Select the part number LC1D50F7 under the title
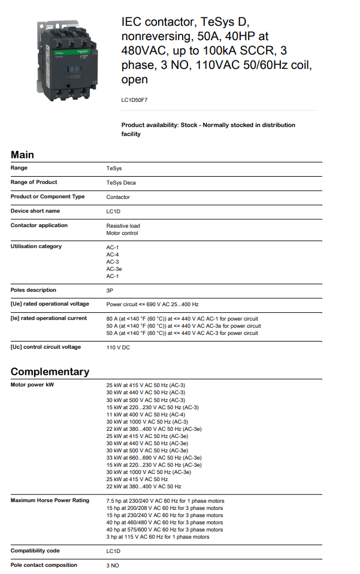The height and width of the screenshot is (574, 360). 134,101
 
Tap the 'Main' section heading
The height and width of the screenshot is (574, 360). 22,155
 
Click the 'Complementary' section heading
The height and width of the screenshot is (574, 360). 50,371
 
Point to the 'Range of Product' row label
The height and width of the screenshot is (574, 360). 34,182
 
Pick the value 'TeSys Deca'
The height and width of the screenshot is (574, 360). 122,183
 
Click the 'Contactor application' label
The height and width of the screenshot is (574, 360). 39,225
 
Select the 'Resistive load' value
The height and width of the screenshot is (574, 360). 123,226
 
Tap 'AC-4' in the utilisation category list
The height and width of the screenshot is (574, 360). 113,255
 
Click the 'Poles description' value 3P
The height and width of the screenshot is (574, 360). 110,291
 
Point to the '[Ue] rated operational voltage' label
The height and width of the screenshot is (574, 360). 50,304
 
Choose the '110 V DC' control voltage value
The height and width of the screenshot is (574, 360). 118,348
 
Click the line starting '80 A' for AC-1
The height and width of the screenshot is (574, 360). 182,319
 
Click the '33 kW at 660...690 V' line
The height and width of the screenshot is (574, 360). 154,458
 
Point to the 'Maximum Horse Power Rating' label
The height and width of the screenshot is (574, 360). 50,500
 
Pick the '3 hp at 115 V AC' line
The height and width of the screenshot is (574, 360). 158,537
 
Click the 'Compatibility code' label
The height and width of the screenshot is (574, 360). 35,551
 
